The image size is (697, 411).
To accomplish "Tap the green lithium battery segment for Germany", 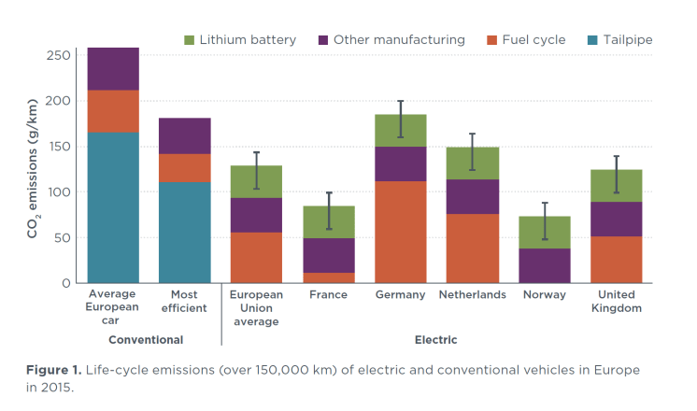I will pos(400,131).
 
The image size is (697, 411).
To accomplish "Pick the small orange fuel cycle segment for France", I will pos(328,277).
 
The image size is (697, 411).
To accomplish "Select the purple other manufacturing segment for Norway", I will pos(544,265).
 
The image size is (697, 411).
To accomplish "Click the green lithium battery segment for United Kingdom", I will pos(616,186).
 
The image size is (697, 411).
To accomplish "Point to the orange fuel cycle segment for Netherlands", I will pos(472,248).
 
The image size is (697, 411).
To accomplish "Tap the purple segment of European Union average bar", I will pos(256,215).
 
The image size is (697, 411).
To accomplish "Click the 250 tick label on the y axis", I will pos(58,55).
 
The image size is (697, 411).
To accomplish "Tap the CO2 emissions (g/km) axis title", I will pos(33,168).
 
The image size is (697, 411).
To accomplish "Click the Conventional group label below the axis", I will pos(145,340).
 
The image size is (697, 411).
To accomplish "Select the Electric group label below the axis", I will pos(435,340).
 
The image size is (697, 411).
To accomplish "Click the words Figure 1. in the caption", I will pos(53,371).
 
